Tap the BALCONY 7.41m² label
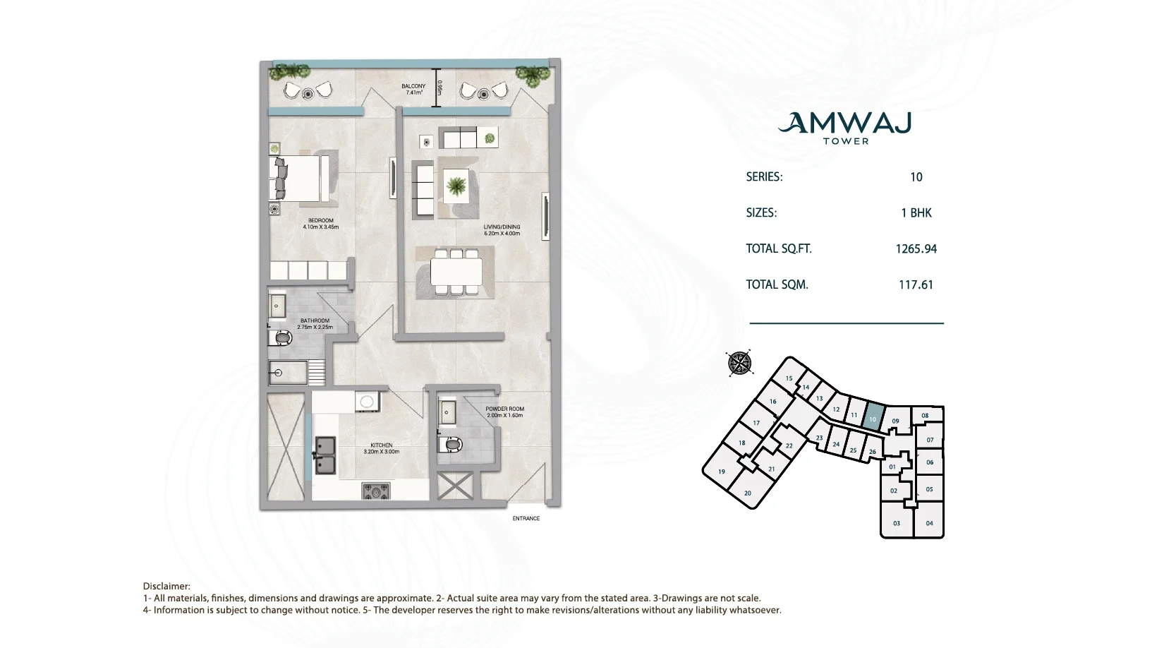coord(413,89)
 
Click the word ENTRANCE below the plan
coord(526,518)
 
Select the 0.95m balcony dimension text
coord(439,88)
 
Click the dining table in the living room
coord(456,272)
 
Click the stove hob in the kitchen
coord(377,491)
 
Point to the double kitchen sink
coord(325,455)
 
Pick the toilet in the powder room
coord(451,444)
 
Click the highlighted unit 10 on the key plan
coord(873,418)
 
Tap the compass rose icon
coord(739,363)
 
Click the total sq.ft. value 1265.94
coord(916,249)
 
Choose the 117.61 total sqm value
coord(916,284)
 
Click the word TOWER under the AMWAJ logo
coord(846,141)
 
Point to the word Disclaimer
coord(166,587)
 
